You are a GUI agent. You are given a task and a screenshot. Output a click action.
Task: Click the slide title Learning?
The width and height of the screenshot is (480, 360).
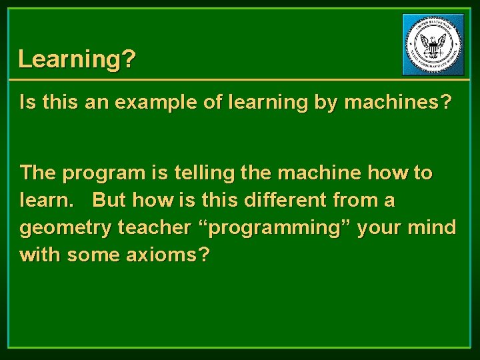[x=77, y=59]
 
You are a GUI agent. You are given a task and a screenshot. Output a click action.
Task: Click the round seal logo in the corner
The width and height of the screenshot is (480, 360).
[x=434, y=45]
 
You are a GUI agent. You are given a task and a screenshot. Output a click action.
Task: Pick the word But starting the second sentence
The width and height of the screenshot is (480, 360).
[x=109, y=200]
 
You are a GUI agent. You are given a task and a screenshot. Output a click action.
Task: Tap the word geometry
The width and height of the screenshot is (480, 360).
[x=66, y=228]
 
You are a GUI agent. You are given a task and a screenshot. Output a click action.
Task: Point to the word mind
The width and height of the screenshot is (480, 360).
[x=433, y=227]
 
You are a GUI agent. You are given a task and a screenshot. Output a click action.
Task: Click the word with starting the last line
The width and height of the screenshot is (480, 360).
[x=39, y=255]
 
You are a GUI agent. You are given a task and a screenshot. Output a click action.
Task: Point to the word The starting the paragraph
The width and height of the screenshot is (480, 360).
[x=39, y=173]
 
